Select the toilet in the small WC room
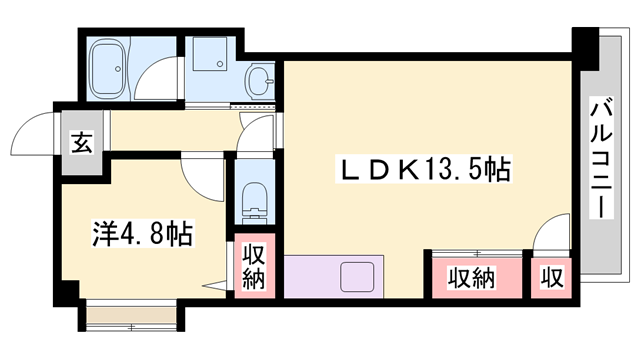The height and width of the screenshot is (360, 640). click(254, 200)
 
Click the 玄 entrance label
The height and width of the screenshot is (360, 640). click(80, 143)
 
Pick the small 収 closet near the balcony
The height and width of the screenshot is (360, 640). click(550, 277)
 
